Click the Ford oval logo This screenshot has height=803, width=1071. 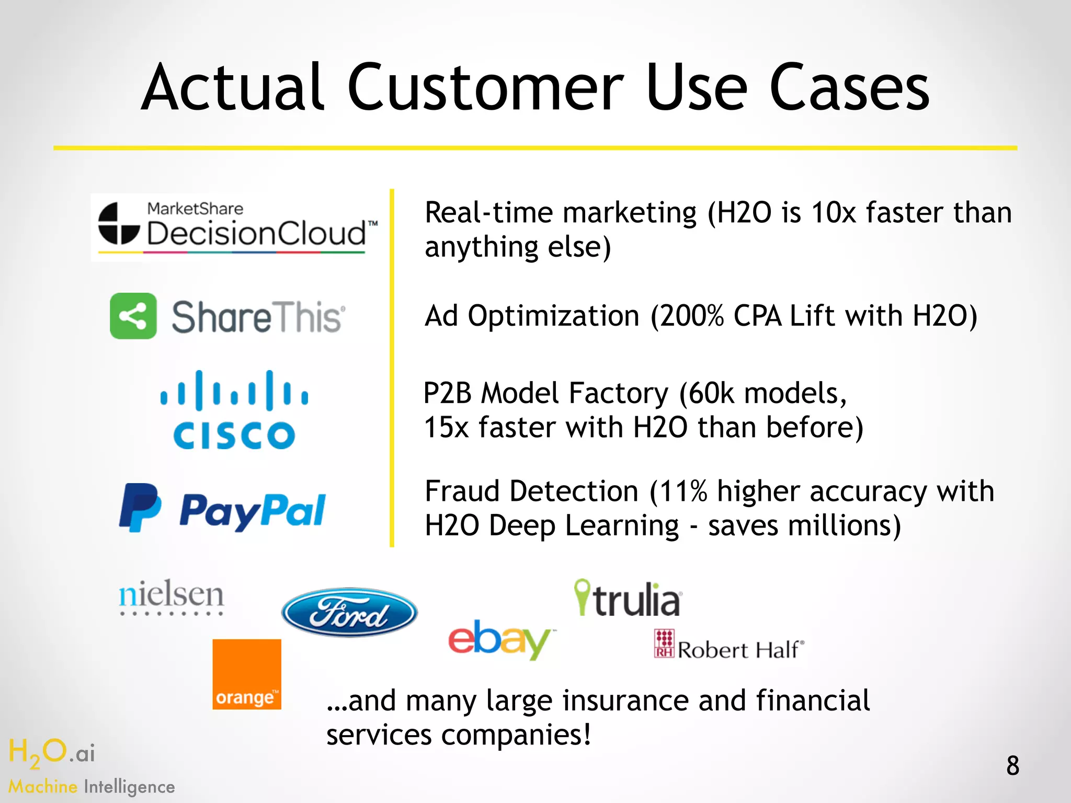[x=349, y=612]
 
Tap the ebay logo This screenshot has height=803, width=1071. [x=499, y=639]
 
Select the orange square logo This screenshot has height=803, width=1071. [x=247, y=674]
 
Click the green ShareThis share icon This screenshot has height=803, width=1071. [x=133, y=316]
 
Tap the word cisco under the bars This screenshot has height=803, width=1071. [x=234, y=435]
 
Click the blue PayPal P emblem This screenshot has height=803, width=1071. [x=140, y=507]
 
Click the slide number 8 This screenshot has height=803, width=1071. [x=1012, y=766]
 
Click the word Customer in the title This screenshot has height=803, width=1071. [x=485, y=88]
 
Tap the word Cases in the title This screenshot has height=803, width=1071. [x=849, y=88]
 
